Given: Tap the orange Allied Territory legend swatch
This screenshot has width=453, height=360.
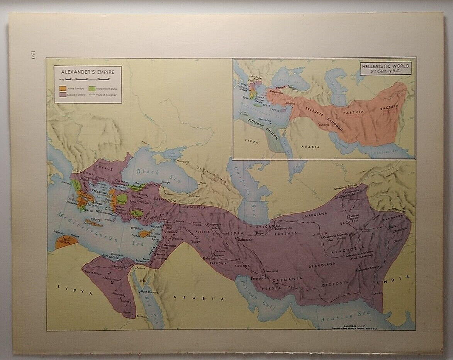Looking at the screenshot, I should pyautogui.click(x=63, y=89).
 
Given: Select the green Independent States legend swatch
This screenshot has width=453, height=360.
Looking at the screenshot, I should pyautogui.click(x=92, y=89).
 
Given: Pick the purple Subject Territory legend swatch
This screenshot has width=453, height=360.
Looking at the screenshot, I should pyautogui.click(x=63, y=95).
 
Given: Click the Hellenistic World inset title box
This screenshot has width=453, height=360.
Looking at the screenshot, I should pyautogui.click(x=385, y=69).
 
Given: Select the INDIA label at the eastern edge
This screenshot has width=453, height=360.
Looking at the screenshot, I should pyautogui.click(x=400, y=277).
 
